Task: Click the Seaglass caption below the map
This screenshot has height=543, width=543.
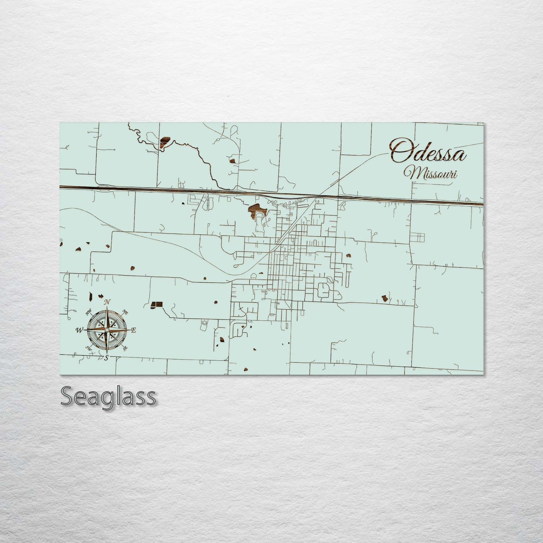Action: tap(108, 396)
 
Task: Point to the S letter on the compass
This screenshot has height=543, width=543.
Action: tap(107, 358)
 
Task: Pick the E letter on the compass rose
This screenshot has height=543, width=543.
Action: tap(134, 330)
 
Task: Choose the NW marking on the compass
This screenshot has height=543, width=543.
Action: tap(89, 312)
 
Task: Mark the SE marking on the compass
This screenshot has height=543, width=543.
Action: tap(125, 349)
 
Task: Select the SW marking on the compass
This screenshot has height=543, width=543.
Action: tap(89, 348)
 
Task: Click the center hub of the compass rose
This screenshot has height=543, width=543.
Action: tap(107, 330)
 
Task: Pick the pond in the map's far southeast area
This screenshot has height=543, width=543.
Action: tap(384, 298)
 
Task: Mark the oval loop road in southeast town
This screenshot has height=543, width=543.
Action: tap(324, 290)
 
